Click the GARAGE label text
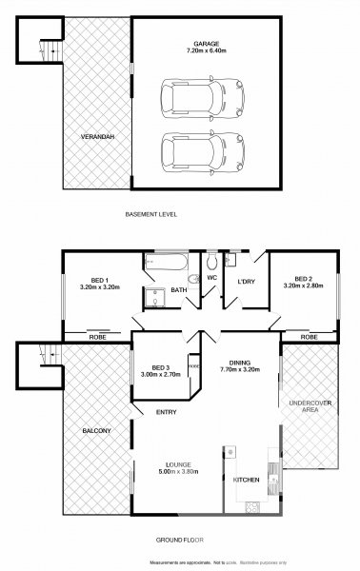coord(207,44)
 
